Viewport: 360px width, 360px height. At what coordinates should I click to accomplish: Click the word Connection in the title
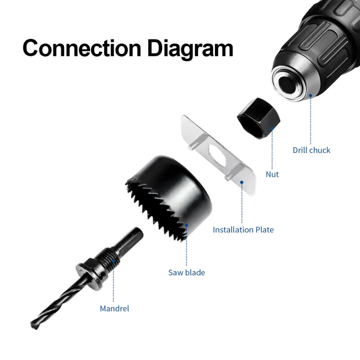tap(82, 48)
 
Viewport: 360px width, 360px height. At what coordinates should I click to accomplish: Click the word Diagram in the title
tap(190, 49)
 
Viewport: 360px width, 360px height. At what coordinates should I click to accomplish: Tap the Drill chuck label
tap(311, 150)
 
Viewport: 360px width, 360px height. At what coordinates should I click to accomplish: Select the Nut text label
tap(272, 174)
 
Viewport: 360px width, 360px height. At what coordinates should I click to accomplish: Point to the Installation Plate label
tap(243, 229)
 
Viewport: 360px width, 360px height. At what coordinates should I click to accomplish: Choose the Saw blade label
tap(186, 272)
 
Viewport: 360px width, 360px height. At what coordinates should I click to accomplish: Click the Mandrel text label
tap(114, 308)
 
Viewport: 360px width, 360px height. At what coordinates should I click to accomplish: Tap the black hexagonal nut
tap(259, 118)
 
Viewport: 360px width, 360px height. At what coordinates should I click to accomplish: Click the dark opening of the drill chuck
tap(287, 84)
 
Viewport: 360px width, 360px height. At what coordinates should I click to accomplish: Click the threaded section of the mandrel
tap(108, 258)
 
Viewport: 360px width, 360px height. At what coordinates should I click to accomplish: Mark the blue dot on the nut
tap(272, 128)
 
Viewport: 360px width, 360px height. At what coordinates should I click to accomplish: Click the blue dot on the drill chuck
tap(310, 95)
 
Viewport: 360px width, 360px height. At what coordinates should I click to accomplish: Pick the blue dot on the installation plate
tap(242, 182)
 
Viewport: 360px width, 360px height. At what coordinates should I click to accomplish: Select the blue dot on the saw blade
tap(186, 225)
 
